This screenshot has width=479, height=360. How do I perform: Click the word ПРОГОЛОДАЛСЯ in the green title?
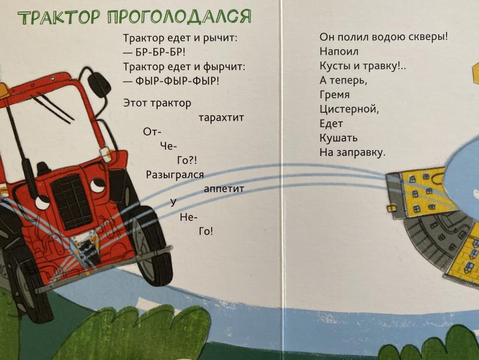(179, 17)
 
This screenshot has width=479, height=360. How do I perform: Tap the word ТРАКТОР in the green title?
(59, 18)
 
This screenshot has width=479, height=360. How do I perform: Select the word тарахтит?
(221, 118)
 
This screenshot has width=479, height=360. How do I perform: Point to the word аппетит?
(224, 189)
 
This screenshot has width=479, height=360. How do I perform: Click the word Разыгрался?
(174, 175)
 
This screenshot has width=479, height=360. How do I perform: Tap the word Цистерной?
(349, 109)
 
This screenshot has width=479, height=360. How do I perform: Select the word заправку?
(361, 152)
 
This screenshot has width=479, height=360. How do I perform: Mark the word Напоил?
(339, 52)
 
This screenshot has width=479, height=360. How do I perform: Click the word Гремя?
(335, 95)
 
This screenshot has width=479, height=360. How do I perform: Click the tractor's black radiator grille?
(71, 198)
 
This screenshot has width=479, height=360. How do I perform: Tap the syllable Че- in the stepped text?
(168, 146)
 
